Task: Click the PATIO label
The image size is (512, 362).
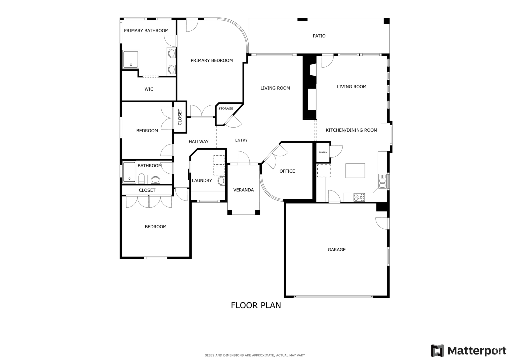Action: [319, 36]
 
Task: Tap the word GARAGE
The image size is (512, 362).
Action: [336, 249]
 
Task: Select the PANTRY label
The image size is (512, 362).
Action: [323, 152]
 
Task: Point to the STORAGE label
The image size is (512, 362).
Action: [226, 108]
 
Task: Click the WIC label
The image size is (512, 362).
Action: [149, 89]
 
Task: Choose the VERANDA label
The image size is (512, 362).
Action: [243, 190]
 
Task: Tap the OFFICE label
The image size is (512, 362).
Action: [287, 171]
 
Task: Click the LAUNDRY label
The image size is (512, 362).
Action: [202, 180]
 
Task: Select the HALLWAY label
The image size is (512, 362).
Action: [198, 142]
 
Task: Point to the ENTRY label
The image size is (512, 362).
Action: [241, 140]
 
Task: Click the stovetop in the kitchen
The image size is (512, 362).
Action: [359, 197]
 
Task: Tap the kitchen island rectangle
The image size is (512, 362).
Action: [355, 170]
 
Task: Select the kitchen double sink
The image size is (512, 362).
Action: [382, 181]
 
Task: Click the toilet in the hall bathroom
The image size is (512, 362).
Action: [141, 178]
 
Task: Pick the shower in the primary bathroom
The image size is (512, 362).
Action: [130, 59]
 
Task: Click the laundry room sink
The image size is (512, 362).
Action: [221, 181]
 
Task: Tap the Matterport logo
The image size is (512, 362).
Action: [468, 350]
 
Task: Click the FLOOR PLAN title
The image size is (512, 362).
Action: [256, 305]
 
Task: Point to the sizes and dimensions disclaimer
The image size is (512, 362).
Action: [255, 355]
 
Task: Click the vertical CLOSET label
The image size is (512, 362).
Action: [180, 117]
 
